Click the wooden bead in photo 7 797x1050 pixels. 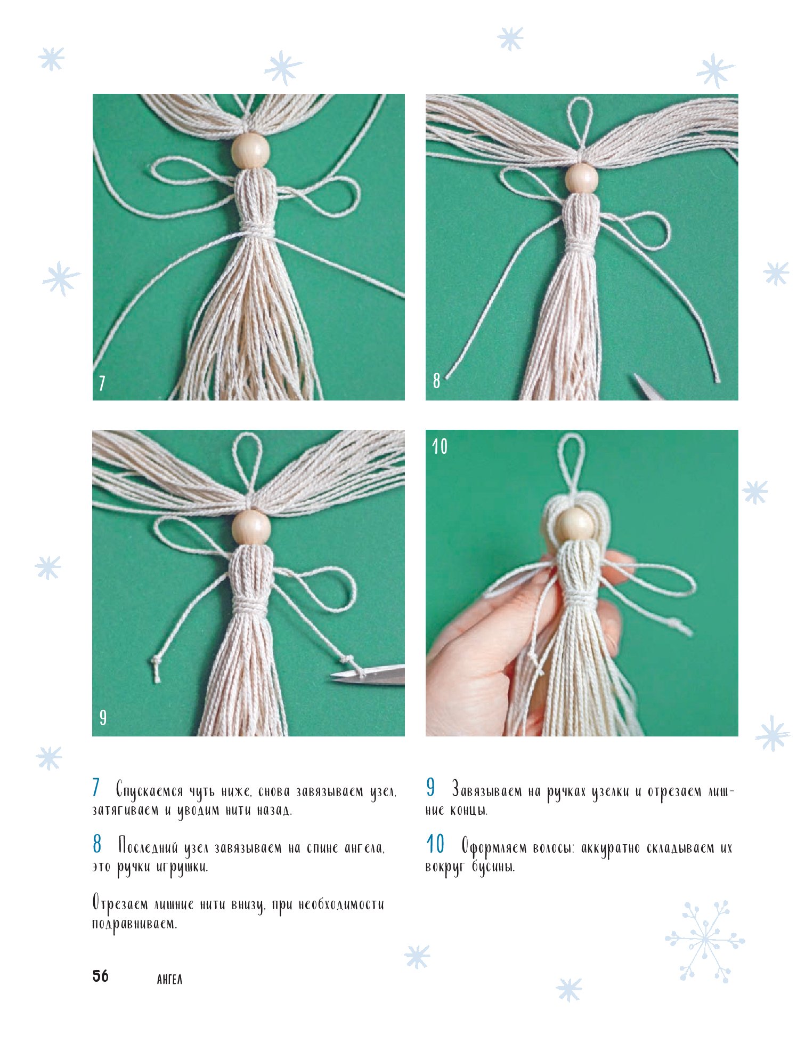(249, 151)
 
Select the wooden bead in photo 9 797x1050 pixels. (250, 526)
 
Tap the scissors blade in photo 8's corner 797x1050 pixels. (649, 388)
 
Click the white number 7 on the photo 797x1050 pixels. (102, 383)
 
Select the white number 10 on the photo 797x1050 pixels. (440, 446)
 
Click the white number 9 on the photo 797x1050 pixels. (103, 717)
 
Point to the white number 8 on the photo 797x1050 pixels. (436, 380)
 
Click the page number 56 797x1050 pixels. (100, 976)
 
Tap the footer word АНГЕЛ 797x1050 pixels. (170, 980)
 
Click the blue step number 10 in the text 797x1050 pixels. (435, 844)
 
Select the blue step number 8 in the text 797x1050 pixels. (96, 844)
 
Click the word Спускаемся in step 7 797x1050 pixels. (150, 791)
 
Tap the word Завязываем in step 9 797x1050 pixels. (487, 791)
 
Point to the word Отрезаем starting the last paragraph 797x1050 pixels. (120, 904)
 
